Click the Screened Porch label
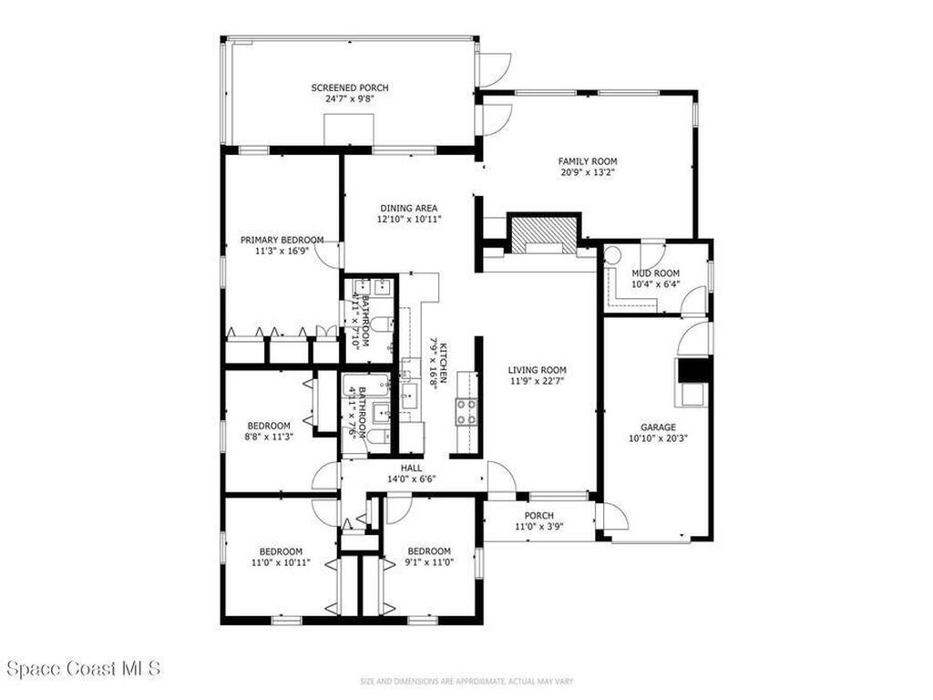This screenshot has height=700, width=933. tap(350, 87)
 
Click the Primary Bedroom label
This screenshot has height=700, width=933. tap(282, 240)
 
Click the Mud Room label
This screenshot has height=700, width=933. tap(655, 273)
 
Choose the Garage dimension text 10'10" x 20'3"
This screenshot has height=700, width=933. tap(657, 437)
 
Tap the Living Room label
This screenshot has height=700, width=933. tap(538, 370)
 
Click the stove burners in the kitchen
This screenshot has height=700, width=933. tap(466, 412)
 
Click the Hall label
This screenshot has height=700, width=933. tap(411, 468)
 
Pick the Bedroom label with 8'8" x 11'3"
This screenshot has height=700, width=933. tap(269, 426)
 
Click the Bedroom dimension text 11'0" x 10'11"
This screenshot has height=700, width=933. tap(280, 562)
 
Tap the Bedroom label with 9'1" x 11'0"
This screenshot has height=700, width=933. tap(429, 551)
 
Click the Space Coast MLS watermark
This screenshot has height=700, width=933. tap(84, 668)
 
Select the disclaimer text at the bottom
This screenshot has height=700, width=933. tap(466, 680)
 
